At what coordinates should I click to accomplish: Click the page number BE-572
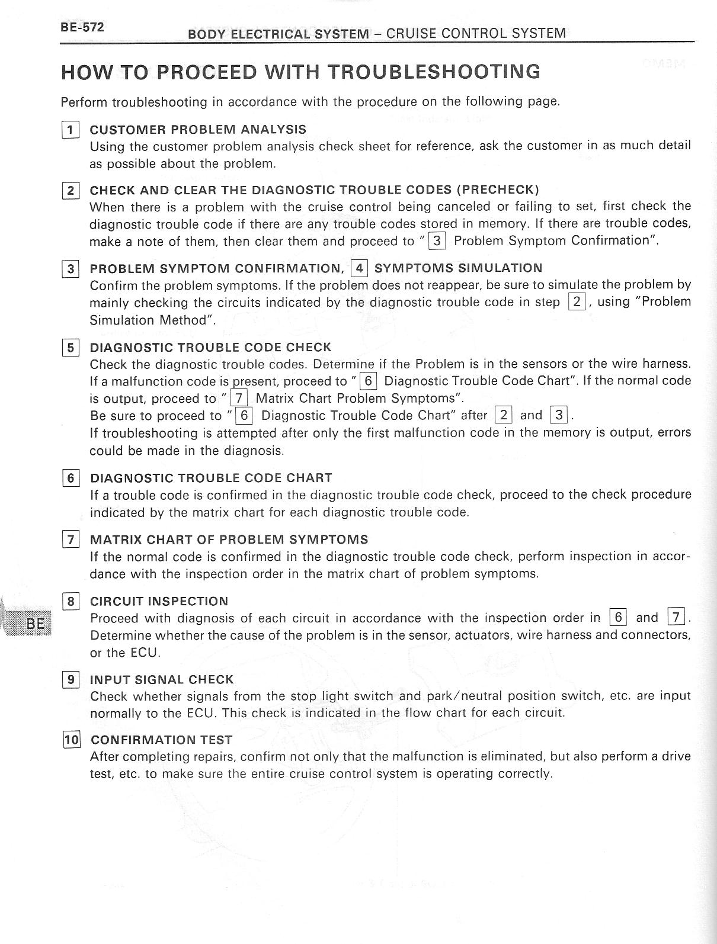[x=82, y=27]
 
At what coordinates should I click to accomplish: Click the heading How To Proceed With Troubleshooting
[x=300, y=72]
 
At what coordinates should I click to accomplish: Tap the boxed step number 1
[x=70, y=130]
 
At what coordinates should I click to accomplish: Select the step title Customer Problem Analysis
[x=198, y=130]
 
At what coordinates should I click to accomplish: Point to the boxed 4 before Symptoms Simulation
[x=359, y=268]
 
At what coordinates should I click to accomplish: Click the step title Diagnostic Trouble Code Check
[x=210, y=347]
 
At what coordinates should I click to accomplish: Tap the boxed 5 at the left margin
[x=70, y=348]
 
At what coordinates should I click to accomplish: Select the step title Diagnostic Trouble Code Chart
[x=211, y=478]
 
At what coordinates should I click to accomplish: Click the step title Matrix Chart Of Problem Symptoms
[x=229, y=540]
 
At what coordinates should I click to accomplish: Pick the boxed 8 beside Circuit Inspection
[x=71, y=602]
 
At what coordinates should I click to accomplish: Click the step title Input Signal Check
[x=162, y=680]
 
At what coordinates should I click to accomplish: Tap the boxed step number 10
[x=71, y=740]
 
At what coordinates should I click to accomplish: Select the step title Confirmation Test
[x=161, y=740]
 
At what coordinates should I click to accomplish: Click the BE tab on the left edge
[x=35, y=624]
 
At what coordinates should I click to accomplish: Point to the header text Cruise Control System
[x=476, y=33]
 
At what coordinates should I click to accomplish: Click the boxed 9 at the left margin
[x=71, y=680]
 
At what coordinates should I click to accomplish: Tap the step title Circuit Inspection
[x=159, y=602]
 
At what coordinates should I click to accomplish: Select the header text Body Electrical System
[x=278, y=34]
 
